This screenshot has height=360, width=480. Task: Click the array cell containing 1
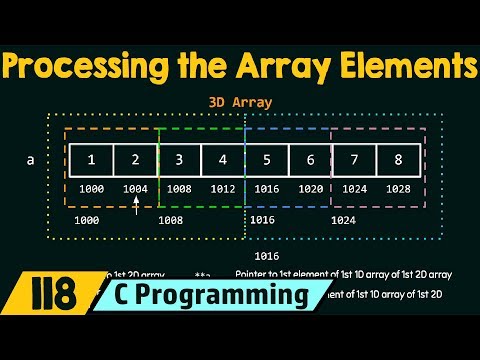coord(91,160)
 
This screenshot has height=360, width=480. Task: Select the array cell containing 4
coord(223,160)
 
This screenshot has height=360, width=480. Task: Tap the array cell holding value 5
coord(267,160)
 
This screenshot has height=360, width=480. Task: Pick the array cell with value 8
coord(399,160)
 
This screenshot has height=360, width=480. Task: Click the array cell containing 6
coord(311,160)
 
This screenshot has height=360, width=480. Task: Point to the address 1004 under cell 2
coord(135,187)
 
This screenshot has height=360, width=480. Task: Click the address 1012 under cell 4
coord(223,187)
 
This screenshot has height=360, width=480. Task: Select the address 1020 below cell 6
coord(311,187)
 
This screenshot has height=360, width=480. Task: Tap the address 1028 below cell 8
coord(399,187)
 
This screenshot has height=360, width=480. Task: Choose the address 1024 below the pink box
coord(343,218)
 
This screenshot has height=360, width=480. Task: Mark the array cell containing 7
coord(355,160)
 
